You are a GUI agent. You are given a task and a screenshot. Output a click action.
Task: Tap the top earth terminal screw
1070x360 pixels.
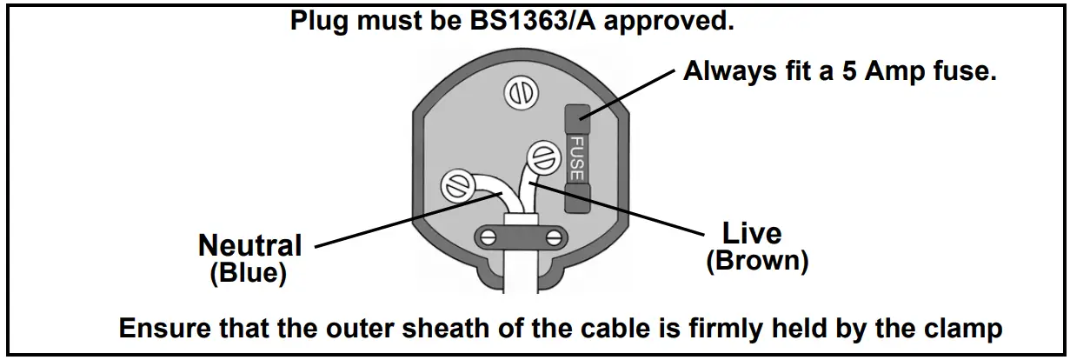pos(521,92)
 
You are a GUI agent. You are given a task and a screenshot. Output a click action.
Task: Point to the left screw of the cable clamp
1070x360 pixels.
pos(488,236)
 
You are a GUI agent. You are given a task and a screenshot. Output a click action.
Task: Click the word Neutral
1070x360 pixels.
pos(249,246)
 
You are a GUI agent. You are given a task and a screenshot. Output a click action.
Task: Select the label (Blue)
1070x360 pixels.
pos(249,274)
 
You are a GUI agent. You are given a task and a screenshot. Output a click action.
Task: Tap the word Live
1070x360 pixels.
pos(752,233)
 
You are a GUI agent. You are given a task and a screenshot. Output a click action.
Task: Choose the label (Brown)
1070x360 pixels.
pos(757,261)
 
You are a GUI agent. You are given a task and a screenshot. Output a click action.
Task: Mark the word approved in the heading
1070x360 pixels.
pos(668,21)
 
